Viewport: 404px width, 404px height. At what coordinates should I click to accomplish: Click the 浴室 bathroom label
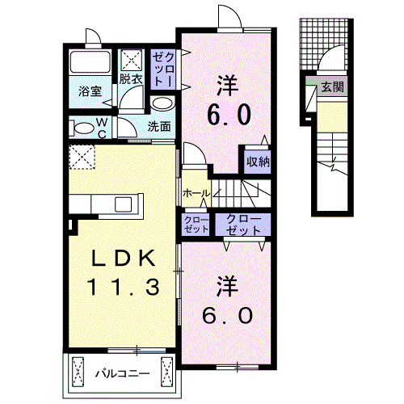90,91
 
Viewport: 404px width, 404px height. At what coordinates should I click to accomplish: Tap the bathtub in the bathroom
90,61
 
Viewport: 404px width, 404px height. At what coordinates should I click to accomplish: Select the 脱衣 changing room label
131,79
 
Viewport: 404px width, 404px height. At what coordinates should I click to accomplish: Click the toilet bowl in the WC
83,128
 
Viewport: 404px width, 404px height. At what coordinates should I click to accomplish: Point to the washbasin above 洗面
162,103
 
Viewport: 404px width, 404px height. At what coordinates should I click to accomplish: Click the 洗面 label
159,126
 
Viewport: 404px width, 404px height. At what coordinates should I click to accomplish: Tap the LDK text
124,259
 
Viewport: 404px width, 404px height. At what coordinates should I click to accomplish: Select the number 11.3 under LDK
124,287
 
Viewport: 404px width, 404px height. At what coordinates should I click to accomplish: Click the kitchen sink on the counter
123,204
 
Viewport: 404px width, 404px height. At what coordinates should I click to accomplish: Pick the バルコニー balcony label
123,373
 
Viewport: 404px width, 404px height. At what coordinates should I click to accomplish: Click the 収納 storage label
258,162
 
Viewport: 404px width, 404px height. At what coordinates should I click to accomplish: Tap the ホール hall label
196,193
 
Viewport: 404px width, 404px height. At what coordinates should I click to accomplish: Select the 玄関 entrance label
333,86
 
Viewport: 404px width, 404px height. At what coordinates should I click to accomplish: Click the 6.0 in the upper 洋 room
229,115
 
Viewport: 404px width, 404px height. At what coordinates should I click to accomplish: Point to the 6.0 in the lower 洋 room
228,316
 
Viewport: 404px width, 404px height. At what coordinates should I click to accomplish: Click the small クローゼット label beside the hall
196,225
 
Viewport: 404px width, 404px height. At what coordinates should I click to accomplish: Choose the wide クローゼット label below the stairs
243,225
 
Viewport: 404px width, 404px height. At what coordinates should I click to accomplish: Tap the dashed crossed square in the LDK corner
82,157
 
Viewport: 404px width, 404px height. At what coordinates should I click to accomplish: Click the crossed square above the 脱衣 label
131,61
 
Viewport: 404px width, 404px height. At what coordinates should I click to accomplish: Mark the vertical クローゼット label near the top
163,69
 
